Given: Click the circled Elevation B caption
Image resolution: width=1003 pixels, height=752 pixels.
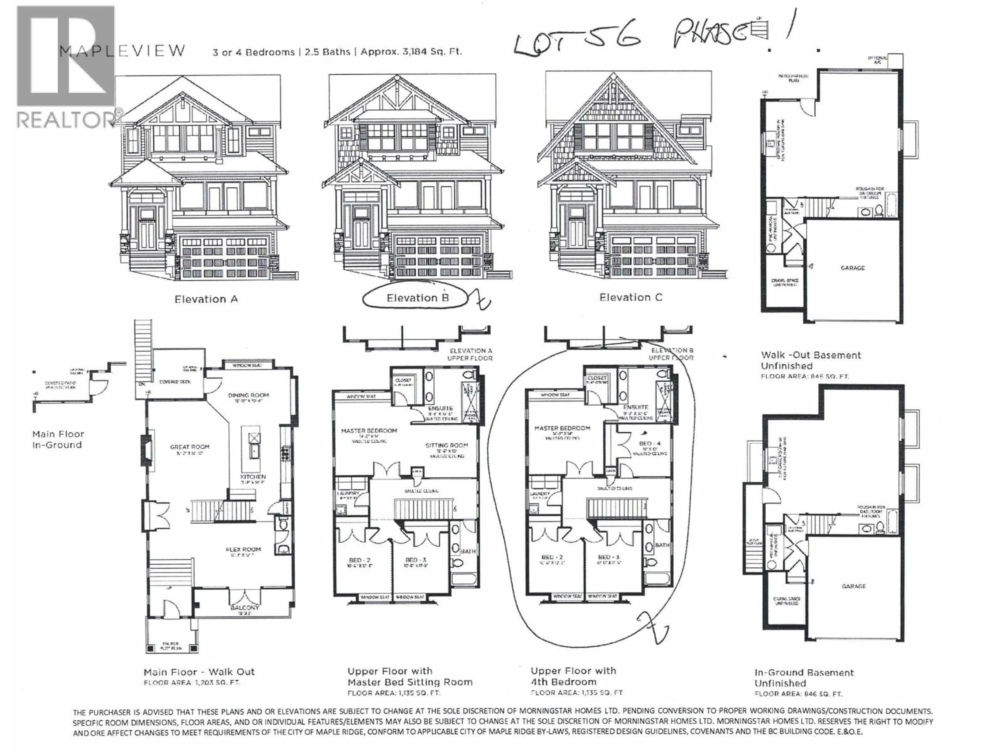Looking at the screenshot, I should pos(417,298).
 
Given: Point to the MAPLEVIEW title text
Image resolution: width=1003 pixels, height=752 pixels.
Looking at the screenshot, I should pos(123,51).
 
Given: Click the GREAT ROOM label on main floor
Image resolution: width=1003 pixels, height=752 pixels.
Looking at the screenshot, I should pos(190,447).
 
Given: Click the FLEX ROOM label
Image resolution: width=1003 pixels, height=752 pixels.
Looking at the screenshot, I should pos(243,549).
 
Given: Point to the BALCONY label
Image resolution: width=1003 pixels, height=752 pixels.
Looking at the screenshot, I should pos(244,607).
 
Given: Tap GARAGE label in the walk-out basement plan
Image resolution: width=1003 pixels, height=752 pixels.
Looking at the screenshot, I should pos(853,268).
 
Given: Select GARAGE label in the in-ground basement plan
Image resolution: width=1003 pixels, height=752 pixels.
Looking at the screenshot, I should pos(853,586).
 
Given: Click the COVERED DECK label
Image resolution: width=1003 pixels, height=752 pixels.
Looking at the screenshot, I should pos(175,382).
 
